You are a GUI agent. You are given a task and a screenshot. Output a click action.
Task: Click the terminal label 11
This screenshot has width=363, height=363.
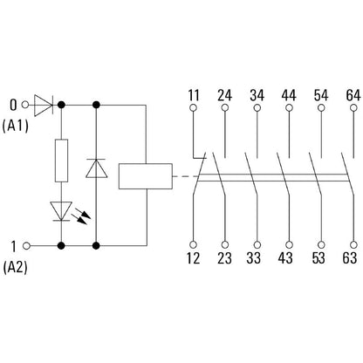(x=194, y=92)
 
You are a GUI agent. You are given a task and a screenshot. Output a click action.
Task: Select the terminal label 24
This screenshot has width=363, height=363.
(x=225, y=92)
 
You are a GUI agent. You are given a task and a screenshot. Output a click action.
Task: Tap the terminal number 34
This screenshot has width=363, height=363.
(x=257, y=92)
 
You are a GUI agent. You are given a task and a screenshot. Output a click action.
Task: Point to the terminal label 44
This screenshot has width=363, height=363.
(x=288, y=92)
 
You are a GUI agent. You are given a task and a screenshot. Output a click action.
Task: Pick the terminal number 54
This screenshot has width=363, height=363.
(x=319, y=92)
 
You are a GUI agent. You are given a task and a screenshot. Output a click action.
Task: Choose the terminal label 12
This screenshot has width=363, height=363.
(x=194, y=257)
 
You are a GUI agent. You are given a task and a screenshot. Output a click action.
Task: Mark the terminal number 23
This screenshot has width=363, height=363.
(x=225, y=257)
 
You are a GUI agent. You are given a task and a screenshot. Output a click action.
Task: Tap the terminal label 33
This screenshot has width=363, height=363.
(x=257, y=257)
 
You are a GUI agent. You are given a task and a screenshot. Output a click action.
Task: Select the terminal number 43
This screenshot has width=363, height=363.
(x=288, y=257)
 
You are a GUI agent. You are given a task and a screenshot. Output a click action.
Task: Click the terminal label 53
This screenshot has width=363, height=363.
(x=319, y=257)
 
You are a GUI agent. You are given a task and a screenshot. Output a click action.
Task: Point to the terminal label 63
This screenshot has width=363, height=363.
(x=351, y=257)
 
